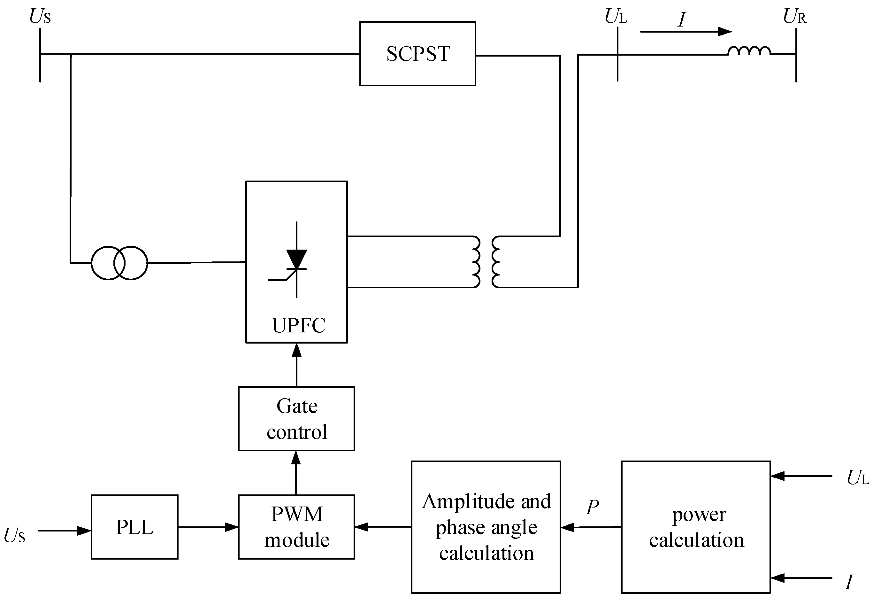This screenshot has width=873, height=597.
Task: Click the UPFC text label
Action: pyautogui.click(x=299, y=325)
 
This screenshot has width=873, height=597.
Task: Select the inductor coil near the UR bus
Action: pyautogui.click(x=749, y=51)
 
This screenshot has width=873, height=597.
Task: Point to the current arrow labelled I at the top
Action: pyautogui.click(x=686, y=32)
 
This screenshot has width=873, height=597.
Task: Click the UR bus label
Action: pyautogui.click(x=794, y=17)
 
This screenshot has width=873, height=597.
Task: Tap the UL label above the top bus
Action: pyautogui.click(x=616, y=17)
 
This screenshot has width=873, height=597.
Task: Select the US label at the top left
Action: pyautogui.click(x=40, y=17)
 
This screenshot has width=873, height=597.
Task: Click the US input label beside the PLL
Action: pyautogui.click(x=15, y=535)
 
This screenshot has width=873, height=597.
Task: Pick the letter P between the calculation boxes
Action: pyautogui.click(x=593, y=507)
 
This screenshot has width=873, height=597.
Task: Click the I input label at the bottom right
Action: pyautogui.click(x=849, y=582)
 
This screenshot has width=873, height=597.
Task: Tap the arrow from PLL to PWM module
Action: pyautogui.click(x=208, y=527)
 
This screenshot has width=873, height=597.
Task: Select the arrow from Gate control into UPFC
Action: pyautogui.click(x=296, y=365)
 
